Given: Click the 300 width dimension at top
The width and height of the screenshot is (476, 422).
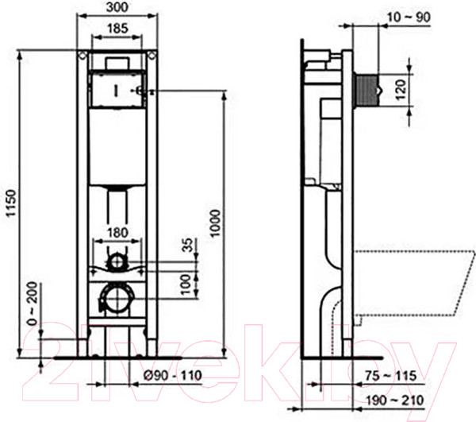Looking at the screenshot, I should click(118, 7).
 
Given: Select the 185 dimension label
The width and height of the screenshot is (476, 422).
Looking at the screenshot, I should click(118, 29).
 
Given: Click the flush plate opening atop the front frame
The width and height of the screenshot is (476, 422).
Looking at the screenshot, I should click(118, 63).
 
